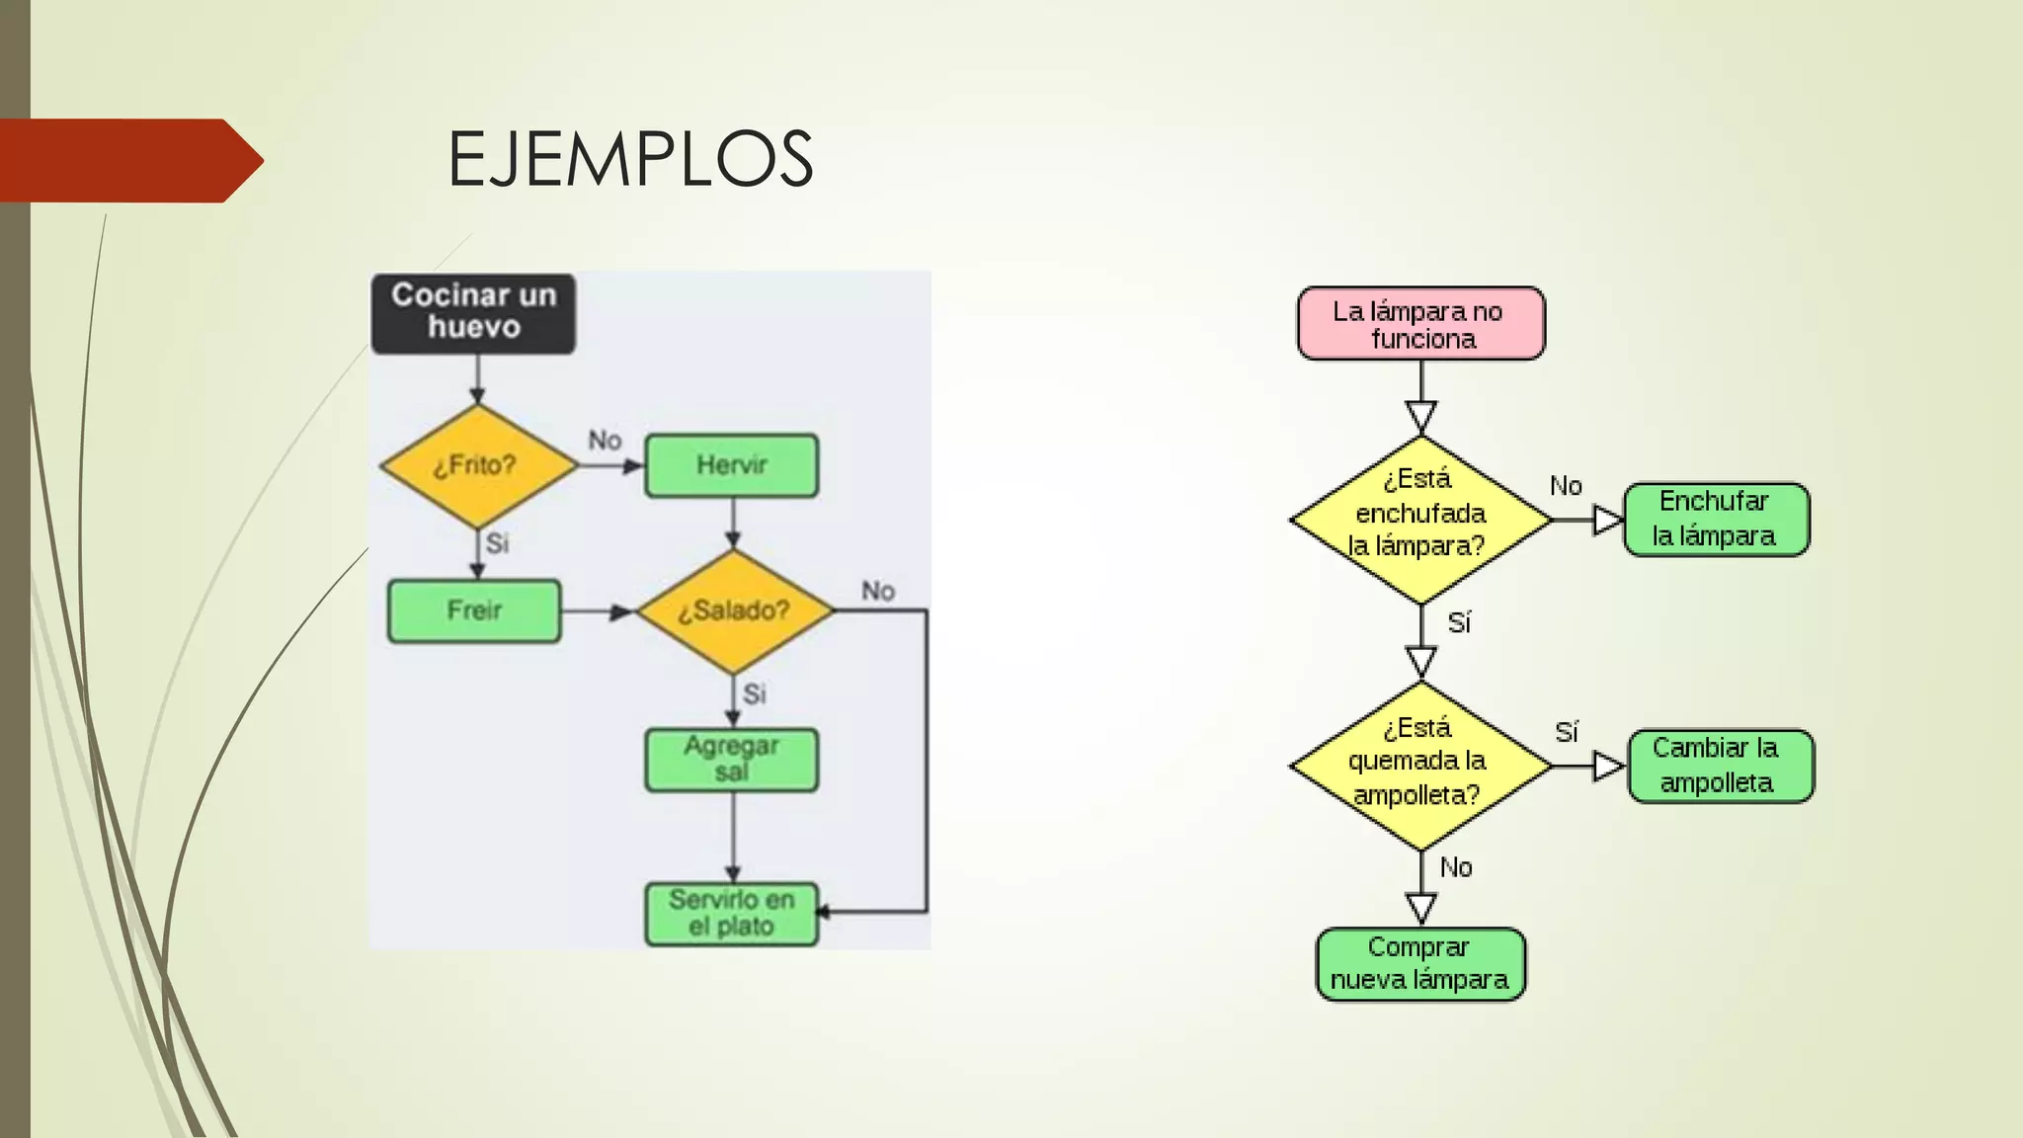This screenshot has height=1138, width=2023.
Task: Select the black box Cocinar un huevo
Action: point(473,312)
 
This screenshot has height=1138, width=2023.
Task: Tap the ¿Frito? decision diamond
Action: point(477,465)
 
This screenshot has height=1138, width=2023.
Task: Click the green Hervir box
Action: point(731,465)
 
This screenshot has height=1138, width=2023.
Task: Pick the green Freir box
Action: point(474,610)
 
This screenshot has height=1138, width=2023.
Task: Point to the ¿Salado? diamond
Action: point(734,610)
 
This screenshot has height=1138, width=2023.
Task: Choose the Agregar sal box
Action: point(731,760)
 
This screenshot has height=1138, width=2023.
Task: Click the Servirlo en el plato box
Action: point(731,913)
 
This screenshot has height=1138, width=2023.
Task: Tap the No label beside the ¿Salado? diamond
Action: point(877,591)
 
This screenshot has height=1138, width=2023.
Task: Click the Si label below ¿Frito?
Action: point(497,542)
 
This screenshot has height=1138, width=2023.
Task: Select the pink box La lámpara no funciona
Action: point(1419,324)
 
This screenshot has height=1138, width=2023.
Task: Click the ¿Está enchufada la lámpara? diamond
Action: point(1419,518)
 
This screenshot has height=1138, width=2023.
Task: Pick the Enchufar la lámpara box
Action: point(1715,519)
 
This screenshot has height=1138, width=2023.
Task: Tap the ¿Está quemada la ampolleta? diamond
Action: point(1419,765)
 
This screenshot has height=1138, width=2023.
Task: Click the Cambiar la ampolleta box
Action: point(1719,766)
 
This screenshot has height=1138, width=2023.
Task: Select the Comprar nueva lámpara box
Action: point(1419,963)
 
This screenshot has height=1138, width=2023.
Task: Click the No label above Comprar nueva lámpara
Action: point(1456,867)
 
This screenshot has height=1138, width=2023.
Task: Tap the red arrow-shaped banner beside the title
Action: point(128,160)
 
